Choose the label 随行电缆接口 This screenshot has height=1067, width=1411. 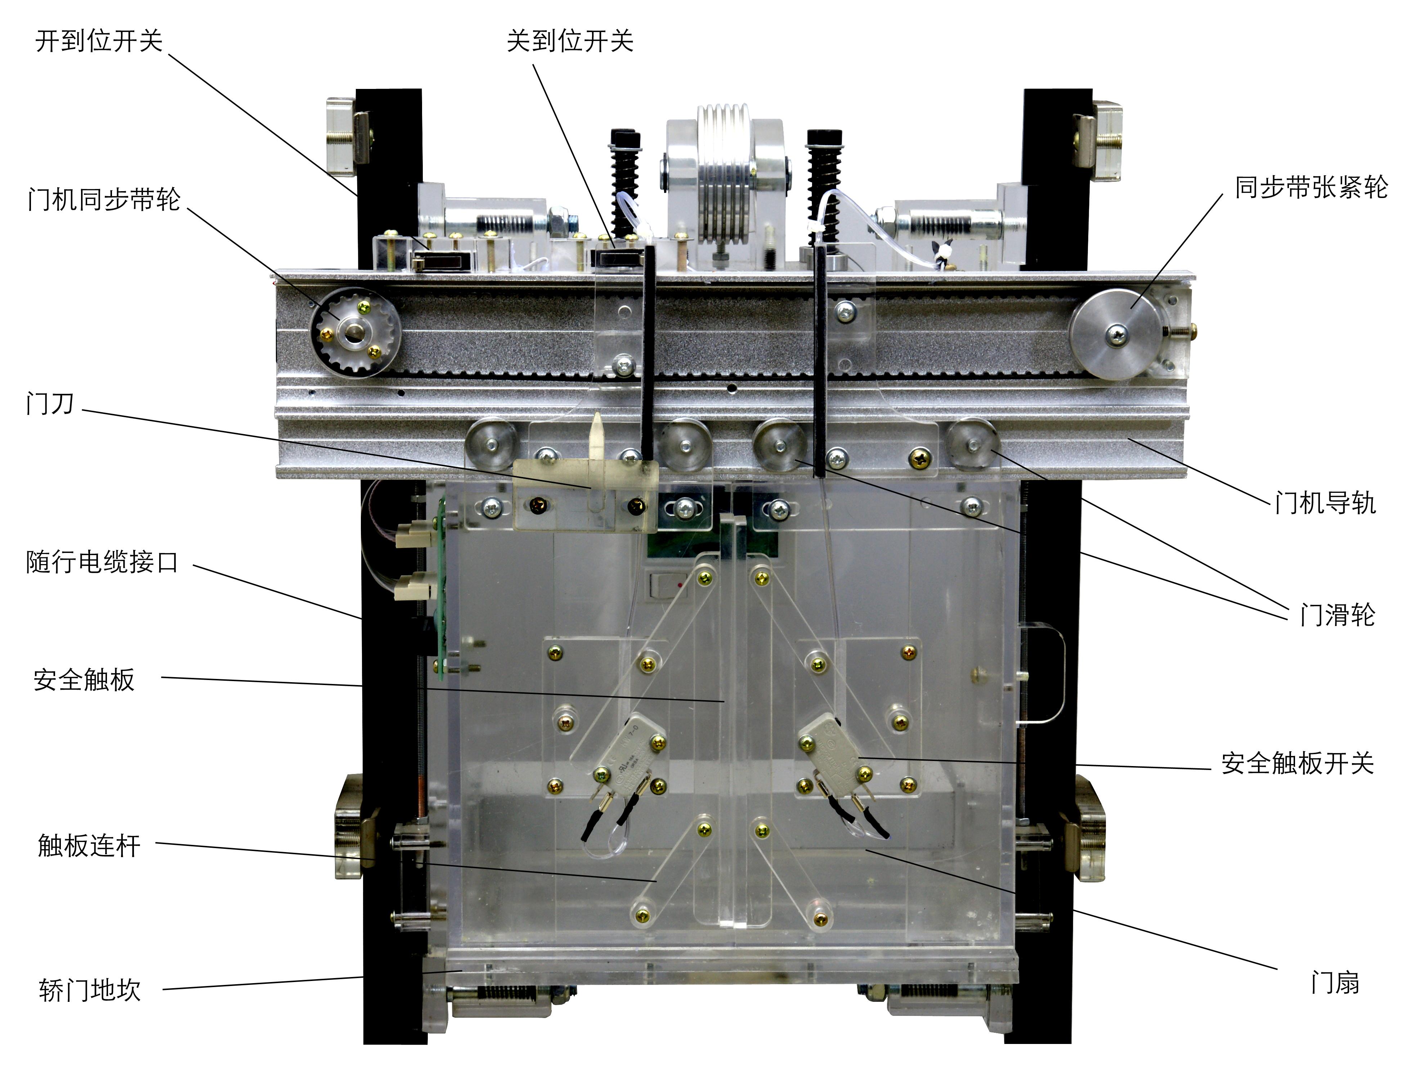point(102,563)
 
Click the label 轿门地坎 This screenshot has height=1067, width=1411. point(89,990)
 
